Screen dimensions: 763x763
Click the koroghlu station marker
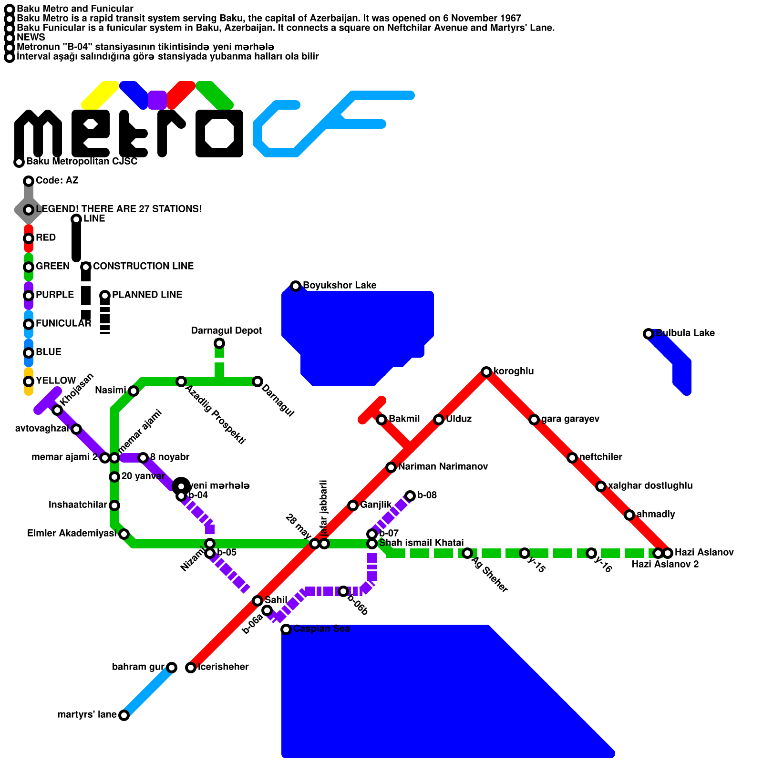pos(486,372)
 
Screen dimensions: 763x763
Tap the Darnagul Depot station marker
pos(219,343)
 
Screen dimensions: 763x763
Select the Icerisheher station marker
pos(191,668)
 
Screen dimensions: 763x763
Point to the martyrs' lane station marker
pos(124,715)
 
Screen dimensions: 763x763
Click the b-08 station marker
pos(410,496)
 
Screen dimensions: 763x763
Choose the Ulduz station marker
pos(439,420)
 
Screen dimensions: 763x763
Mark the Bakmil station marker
pos(381,420)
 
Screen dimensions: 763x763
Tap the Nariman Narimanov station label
pos(443,466)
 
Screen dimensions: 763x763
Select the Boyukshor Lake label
pos(340,285)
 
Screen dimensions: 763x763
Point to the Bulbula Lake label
pos(685,333)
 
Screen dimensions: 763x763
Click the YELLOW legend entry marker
pos(29,381)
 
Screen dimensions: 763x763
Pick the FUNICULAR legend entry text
pos(63,323)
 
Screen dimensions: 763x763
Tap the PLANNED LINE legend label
pos(147,295)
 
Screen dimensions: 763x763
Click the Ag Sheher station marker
pos(467,553)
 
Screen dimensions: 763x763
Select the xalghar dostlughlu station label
pos(650,485)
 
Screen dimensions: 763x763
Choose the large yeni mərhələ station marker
pos(181,486)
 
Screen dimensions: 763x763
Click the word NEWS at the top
pos(31,37)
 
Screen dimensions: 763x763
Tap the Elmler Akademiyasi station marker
pos(124,534)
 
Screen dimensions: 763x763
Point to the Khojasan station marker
pos(57,410)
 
